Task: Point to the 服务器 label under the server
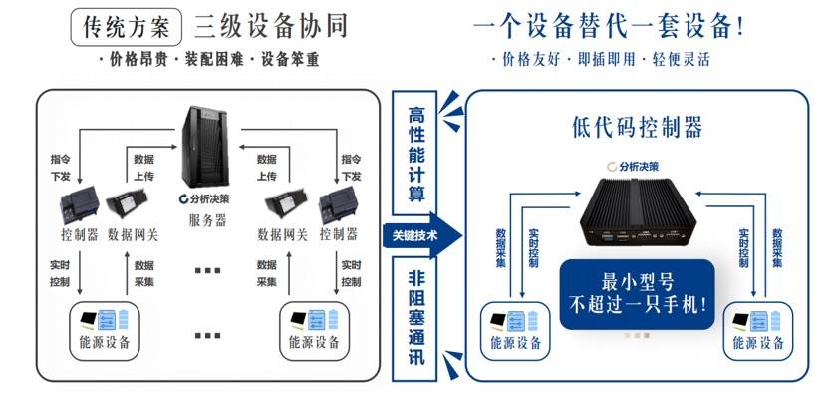207,221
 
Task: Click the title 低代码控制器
638,127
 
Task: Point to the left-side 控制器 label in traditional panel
79,236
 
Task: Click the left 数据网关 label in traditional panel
134,236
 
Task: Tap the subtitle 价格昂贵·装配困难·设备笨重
209,61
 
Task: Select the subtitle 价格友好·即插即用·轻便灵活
601,60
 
